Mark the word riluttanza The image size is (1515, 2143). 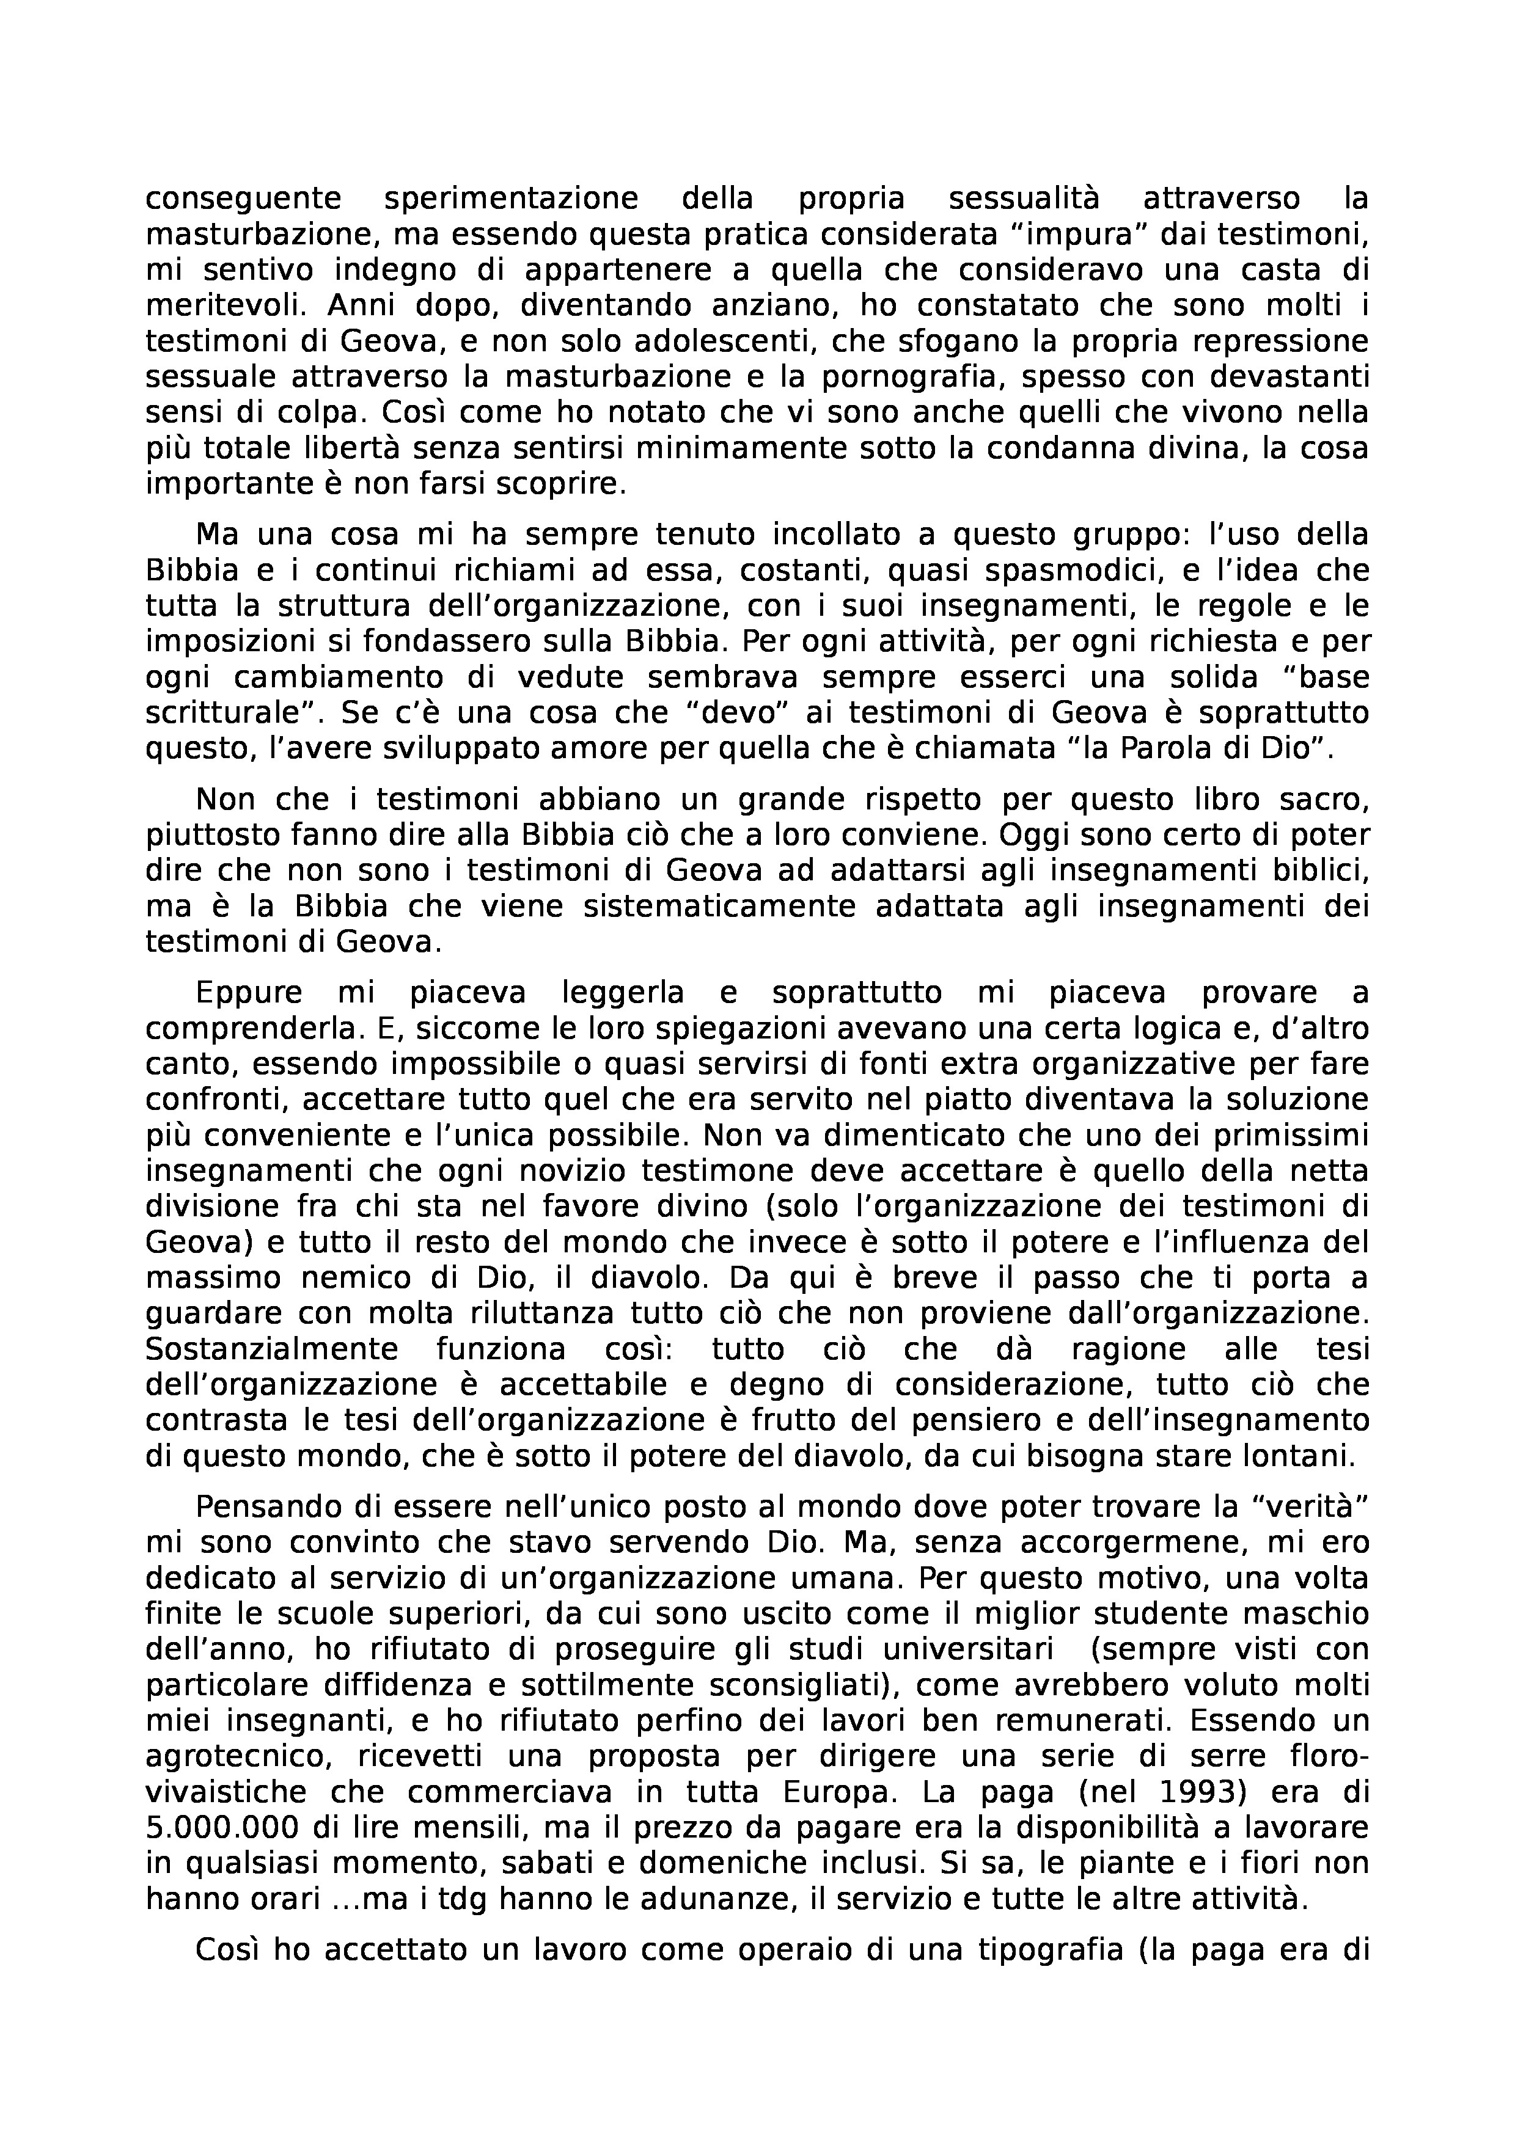click(535, 1314)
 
